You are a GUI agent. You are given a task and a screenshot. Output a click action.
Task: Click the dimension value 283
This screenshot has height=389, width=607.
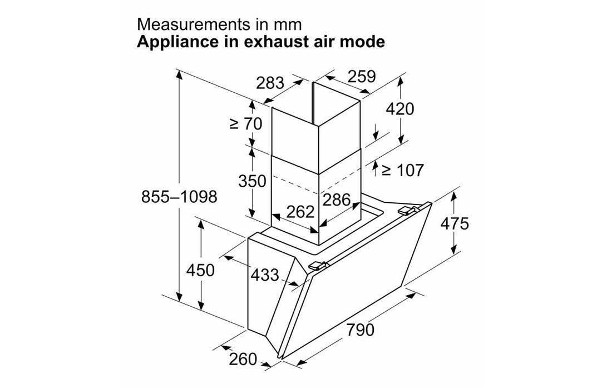[x=270, y=83]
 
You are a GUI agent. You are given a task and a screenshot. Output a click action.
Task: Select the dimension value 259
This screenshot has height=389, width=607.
[x=362, y=76]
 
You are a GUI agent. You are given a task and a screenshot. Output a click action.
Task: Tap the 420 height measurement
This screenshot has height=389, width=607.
[x=400, y=109]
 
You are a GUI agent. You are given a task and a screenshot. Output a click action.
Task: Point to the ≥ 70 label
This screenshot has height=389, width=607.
[x=245, y=124]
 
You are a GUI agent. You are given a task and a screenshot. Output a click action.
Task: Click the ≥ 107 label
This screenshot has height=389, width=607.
[x=402, y=170]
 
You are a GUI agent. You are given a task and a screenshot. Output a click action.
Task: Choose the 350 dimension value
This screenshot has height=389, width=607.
[x=251, y=181]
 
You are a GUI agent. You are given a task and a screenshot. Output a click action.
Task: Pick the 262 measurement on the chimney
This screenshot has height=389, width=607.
[x=300, y=212]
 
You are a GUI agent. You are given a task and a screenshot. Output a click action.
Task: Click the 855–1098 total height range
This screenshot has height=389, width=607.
[x=179, y=197]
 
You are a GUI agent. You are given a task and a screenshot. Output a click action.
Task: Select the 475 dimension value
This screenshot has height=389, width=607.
[x=455, y=223]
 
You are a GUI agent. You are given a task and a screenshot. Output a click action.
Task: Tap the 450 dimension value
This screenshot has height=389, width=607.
[x=200, y=271]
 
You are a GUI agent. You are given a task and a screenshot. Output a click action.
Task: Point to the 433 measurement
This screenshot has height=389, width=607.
[x=264, y=275]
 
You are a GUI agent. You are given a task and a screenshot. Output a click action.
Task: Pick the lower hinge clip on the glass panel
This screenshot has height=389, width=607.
[x=317, y=267]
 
